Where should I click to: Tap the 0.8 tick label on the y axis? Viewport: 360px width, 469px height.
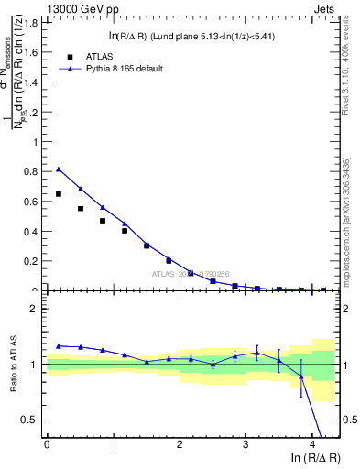point(34,171)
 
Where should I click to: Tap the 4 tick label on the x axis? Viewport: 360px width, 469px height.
point(312,444)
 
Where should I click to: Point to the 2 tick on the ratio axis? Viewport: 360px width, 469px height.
point(36,309)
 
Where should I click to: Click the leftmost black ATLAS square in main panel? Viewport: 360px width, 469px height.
point(59,194)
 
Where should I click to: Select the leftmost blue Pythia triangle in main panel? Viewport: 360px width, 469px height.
point(59,169)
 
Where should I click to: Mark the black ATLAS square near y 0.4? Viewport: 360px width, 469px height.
point(125,231)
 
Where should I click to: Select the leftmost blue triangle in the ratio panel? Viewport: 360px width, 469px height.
point(59,346)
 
